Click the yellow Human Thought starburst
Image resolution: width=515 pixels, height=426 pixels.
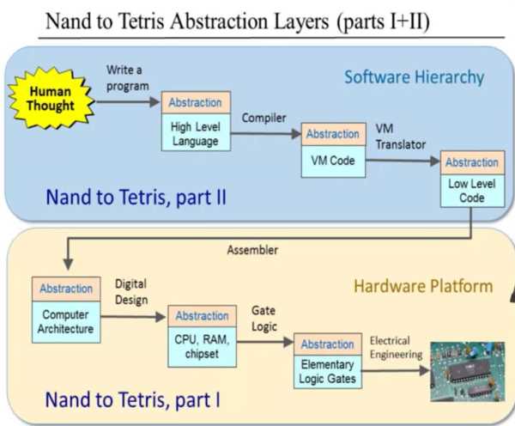point(51,98)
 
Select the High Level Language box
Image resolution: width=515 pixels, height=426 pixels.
point(196,121)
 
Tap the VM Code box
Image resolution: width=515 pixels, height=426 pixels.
point(333,150)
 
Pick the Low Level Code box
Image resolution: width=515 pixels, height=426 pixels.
point(472,179)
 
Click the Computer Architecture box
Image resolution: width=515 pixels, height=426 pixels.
point(66,310)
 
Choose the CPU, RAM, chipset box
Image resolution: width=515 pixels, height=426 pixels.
point(202,336)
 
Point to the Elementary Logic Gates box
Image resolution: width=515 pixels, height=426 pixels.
point(328,361)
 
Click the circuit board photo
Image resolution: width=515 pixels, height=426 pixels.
point(468,371)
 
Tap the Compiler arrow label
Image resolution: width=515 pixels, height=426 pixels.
point(264,118)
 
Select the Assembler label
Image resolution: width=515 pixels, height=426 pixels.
point(252,250)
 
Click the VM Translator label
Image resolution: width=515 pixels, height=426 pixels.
point(400,137)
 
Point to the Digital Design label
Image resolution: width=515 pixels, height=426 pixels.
point(131,292)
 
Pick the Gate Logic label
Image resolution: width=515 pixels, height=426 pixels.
point(264,319)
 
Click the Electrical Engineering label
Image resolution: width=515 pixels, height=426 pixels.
point(396,348)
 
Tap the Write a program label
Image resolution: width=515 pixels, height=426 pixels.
point(127,78)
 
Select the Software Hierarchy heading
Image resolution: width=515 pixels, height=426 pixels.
point(415,77)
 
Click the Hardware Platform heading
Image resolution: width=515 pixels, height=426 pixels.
point(423,286)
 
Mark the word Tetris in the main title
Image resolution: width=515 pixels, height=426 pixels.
point(141,21)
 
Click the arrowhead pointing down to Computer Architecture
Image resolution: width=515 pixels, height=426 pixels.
point(68,264)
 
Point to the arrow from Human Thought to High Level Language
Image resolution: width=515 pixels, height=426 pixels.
point(128,102)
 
